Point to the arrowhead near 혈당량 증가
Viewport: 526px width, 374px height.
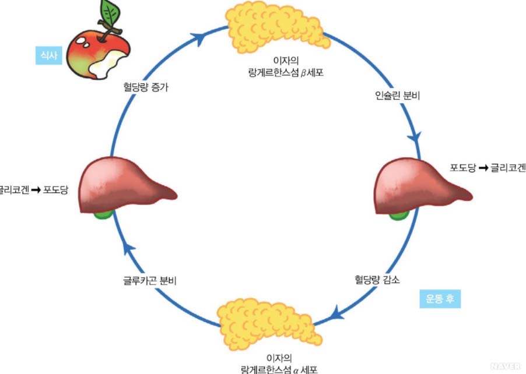pos(199,38)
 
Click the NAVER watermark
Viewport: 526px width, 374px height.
pos(505,366)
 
